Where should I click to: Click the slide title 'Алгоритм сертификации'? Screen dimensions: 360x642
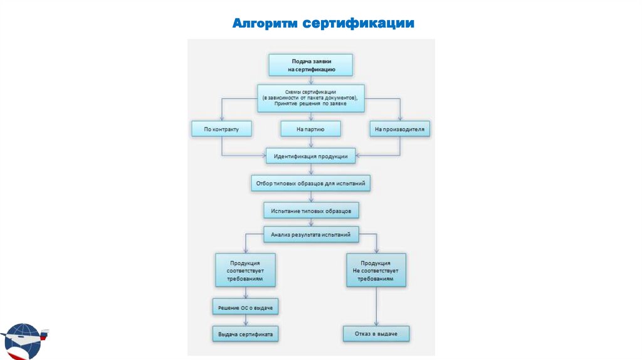coord(324,24)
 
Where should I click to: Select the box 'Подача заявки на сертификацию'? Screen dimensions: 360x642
coord(310,65)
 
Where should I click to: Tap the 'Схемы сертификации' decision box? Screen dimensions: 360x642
coord(310,98)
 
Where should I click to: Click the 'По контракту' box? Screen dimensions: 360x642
coord(221,129)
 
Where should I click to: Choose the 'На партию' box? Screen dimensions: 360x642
coord(310,129)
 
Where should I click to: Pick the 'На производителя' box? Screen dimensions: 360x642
coord(399,130)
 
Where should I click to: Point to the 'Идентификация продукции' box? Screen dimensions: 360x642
coord(310,156)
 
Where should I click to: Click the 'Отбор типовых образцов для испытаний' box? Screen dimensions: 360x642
coord(310,183)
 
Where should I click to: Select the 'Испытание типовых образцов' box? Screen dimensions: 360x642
coord(310,209)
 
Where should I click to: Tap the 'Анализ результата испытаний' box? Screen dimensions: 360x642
coord(310,235)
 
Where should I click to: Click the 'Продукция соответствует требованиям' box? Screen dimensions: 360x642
coord(245,269)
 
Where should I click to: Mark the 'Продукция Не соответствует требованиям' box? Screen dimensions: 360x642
coord(376,270)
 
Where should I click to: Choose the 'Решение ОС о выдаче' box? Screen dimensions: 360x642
coord(245,307)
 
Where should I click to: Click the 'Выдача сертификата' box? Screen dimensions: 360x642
coord(245,334)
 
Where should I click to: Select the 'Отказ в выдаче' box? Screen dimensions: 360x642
coord(376,334)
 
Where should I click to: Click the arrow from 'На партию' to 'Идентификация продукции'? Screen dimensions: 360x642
coord(310,142)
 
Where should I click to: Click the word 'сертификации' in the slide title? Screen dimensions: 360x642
coord(359,24)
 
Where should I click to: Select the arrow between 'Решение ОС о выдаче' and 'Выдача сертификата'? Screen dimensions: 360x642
coord(245,320)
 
